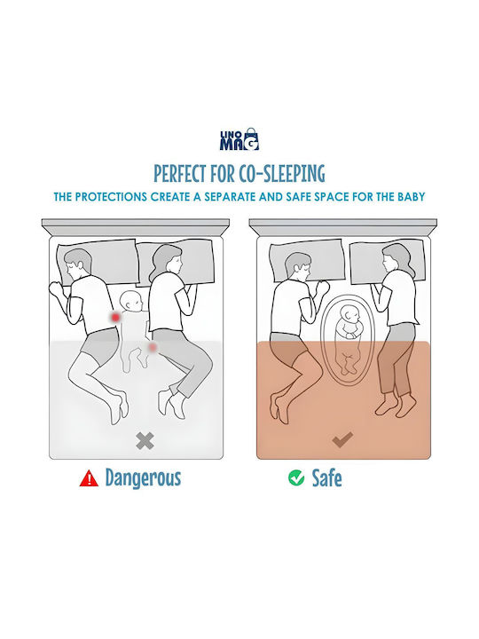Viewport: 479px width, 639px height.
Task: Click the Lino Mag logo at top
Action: click(x=239, y=139)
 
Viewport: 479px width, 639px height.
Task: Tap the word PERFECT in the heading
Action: click(x=179, y=173)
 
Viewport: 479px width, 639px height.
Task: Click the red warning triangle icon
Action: click(x=89, y=478)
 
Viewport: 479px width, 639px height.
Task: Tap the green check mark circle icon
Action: click(x=296, y=477)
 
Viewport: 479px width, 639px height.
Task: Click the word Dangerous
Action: click(x=143, y=478)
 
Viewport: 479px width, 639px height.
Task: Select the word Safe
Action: click(x=326, y=478)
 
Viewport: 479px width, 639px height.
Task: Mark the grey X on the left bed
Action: click(x=145, y=440)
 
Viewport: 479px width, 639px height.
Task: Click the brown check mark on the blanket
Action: click(x=342, y=439)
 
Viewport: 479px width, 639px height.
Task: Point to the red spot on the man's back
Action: click(x=116, y=317)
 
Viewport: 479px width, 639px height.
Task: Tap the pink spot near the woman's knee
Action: click(x=153, y=347)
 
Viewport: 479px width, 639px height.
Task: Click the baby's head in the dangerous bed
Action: click(x=131, y=302)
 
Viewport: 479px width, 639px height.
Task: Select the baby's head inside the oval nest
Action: click(x=349, y=315)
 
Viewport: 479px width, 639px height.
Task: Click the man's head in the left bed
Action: click(x=79, y=264)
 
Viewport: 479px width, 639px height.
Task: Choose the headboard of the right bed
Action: click(x=343, y=227)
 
